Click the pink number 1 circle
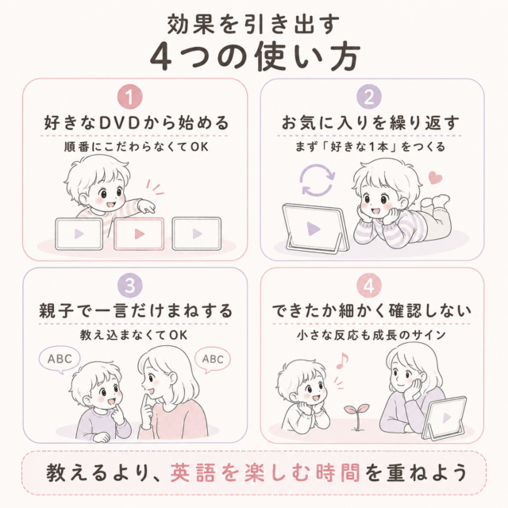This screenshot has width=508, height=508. [130, 97]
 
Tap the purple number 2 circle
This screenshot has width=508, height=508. [369, 97]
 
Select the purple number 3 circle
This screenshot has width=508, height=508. [130, 286]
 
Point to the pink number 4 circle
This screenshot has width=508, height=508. [369, 286]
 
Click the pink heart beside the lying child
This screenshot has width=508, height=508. [435, 178]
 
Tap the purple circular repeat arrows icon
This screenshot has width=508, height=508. [317, 180]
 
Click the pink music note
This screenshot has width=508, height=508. [342, 360]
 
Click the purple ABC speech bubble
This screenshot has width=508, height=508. [60, 360]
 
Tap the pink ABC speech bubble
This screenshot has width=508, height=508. [213, 360]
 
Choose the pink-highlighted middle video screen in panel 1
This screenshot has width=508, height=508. [139, 233]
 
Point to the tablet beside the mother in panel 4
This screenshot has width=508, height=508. [445, 418]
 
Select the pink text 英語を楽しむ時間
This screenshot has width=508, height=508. [265, 473]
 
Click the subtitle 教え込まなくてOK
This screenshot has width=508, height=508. [134, 335]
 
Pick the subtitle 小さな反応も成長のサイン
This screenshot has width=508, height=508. [371, 335]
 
